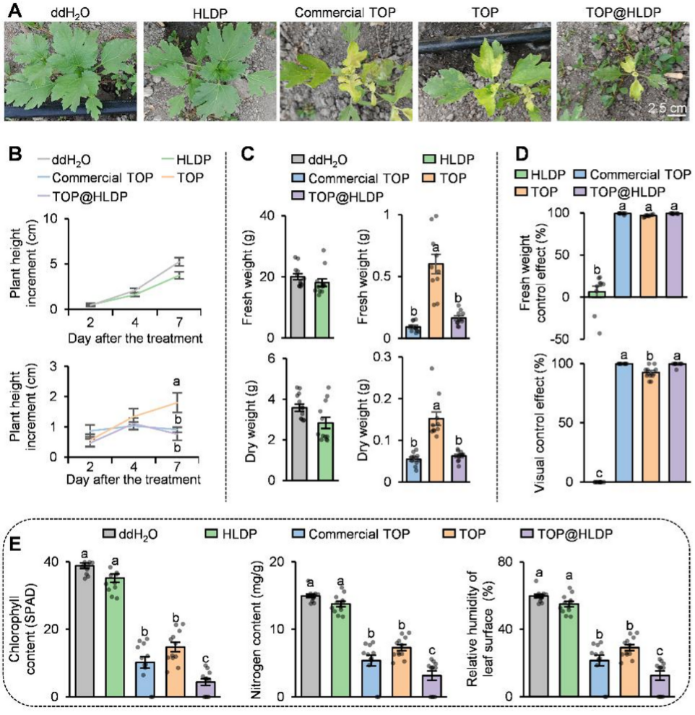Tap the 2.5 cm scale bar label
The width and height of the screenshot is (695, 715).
tap(666, 108)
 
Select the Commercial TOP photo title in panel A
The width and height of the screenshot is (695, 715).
tap(345, 12)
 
